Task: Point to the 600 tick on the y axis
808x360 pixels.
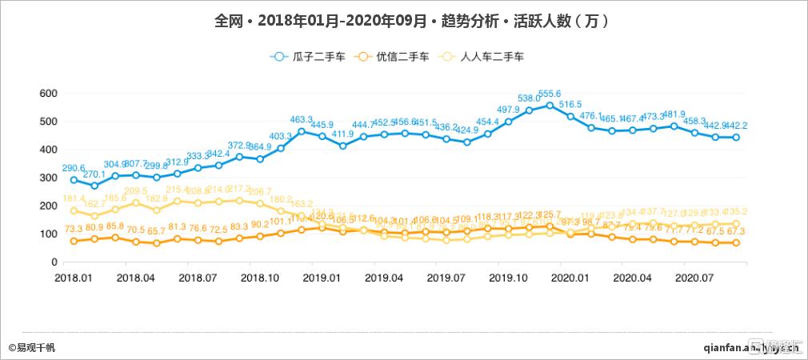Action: (48, 94)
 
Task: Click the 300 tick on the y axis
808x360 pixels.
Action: (48, 178)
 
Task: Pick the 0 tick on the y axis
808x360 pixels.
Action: (54, 262)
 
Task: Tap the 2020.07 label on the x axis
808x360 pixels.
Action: (694, 276)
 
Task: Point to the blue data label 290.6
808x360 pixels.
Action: (74, 169)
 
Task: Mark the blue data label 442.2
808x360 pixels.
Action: (735, 126)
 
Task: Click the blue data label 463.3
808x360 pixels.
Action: (302, 119)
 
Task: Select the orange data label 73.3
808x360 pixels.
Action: (74, 228)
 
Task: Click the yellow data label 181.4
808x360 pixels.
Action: (74, 198)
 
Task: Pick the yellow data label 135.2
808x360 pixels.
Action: (735, 212)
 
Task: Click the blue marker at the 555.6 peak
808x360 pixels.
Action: (550, 106)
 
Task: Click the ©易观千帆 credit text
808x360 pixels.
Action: (32, 347)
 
